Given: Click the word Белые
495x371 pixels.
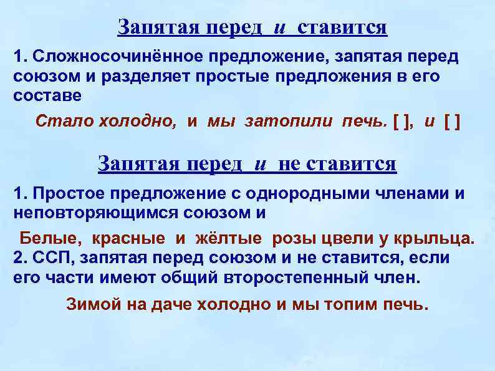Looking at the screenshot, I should pos(52,238).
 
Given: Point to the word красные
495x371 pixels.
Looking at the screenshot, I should pos(129,238).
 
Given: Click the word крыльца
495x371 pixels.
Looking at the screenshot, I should pos(441,238).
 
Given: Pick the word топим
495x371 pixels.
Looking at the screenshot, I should pos(353,305).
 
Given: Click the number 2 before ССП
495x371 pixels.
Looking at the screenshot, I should pos(17,258).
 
